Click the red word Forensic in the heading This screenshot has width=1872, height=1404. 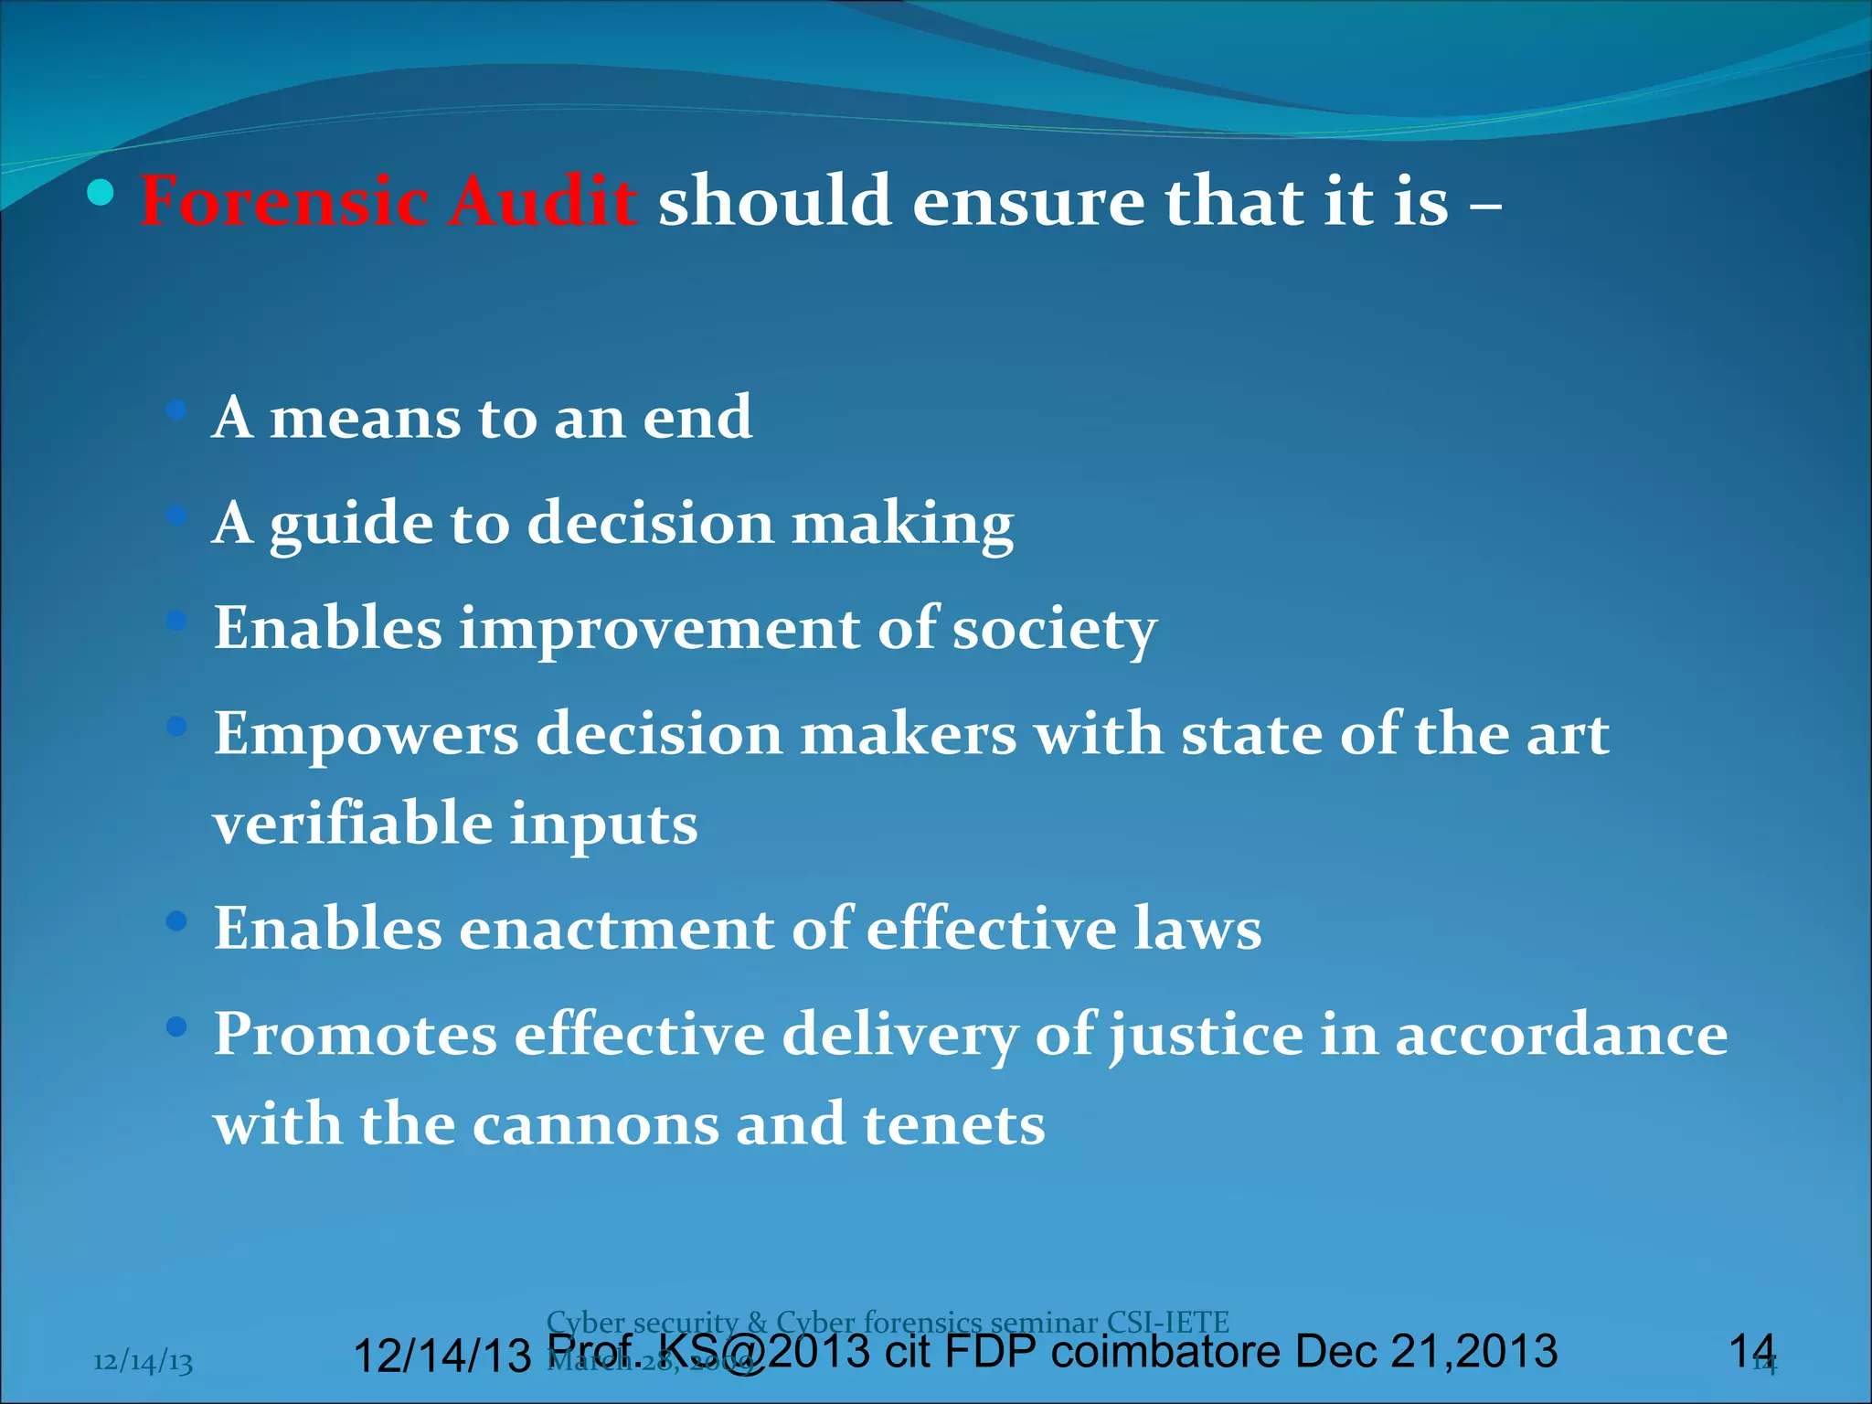click(x=284, y=201)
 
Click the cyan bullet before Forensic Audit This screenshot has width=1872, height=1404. click(x=101, y=194)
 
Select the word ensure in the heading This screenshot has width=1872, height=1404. click(x=1028, y=201)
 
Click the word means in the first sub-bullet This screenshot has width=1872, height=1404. click(x=365, y=418)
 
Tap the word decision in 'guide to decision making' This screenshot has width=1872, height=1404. click(x=651, y=524)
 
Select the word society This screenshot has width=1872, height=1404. click(x=1055, y=630)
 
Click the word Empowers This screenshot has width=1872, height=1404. click(x=366, y=735)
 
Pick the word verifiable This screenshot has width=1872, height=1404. click(x=352, y=823)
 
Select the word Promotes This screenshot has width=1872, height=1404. click(x=356, y=1035)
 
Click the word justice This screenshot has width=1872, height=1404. click(x=1206, y=1037)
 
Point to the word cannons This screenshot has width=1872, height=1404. click(x=595, y=1124)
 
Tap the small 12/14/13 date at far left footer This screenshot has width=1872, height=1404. click(x=143, y=1362)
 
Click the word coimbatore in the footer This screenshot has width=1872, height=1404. click(x=1165, y=1352)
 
